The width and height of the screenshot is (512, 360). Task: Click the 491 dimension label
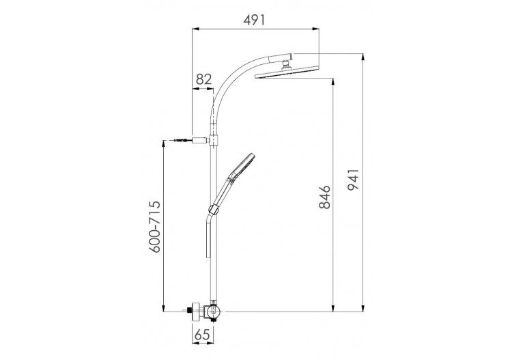coord(254,20)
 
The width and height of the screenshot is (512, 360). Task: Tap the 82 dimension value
coord(203,79)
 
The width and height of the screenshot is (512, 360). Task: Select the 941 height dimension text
coord(353,180)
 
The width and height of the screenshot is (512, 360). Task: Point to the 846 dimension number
coord(324,197)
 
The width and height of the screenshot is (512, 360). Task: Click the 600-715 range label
coord(156,227)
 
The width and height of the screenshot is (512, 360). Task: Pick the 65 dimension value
coord(203,335)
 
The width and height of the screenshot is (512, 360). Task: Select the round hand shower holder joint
coord(212,209)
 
